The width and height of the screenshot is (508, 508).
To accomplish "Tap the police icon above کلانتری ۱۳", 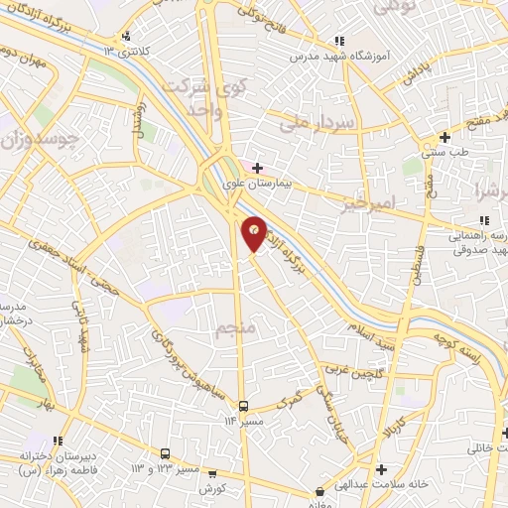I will point(125,37).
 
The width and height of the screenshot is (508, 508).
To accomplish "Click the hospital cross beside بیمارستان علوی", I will point(258,169).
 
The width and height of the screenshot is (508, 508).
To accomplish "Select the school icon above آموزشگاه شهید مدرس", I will point(339,41).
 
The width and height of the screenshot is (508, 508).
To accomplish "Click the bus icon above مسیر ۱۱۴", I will point(243,406).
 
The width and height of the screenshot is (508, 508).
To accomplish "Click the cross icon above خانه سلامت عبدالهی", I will point(381,468).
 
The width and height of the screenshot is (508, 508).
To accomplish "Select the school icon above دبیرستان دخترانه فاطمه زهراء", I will point(59,440).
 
